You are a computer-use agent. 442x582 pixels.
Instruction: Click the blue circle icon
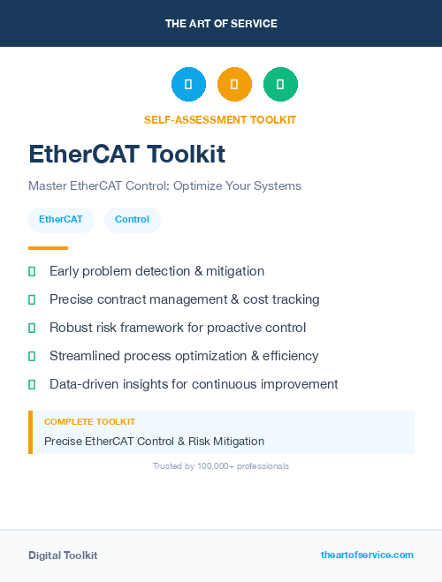(188, 85)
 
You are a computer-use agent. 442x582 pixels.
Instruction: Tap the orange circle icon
(234, 85)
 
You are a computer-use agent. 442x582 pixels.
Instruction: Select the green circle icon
(280, 85)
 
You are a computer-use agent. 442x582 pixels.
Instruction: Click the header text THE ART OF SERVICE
(221, 24)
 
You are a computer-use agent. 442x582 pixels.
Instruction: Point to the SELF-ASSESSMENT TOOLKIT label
(220, 120)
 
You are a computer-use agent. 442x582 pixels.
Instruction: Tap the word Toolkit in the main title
(187, 155)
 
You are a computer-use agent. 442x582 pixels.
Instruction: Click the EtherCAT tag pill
(61, 220)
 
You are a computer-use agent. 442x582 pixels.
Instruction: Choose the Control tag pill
(132, 220)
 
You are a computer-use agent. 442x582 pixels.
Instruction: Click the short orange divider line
(48, 248)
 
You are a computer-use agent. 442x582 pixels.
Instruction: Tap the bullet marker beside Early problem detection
(32, 271)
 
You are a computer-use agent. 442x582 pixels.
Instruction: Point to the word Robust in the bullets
(70, 328)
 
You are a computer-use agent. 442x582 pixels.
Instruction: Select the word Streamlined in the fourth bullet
(85, 356)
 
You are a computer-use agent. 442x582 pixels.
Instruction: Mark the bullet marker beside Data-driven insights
(32, 384)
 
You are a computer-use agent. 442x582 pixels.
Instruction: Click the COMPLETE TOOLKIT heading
(89, 422)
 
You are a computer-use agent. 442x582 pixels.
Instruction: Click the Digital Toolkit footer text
(63, 556)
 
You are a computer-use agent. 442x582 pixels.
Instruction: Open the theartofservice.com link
(367, 555)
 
